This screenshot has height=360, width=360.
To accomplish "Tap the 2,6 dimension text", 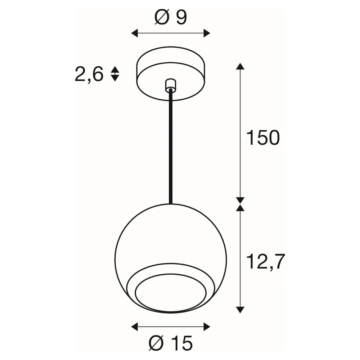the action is coord(89,74).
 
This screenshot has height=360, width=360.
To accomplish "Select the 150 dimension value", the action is coord(263,138).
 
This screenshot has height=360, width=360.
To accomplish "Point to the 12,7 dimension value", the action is coord(265,261).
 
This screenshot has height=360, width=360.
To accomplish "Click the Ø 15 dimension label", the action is coord(171,343).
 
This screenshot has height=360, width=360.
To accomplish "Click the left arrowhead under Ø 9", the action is coord(134,33).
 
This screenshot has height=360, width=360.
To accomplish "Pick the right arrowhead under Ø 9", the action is coord(207,33).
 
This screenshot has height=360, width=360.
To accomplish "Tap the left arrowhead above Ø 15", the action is coord(134,327).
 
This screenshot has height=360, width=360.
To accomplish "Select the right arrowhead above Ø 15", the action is coord(207,327).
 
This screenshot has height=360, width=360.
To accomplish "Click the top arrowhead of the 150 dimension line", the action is coord(240,66).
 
